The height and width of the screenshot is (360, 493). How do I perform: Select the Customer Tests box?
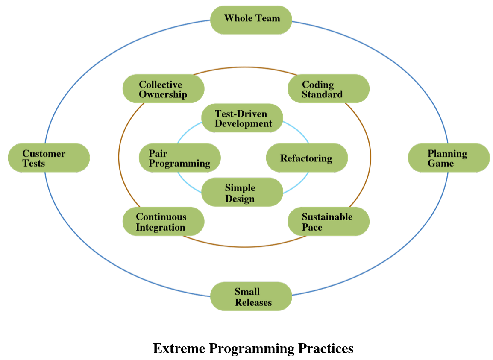pos(49,158)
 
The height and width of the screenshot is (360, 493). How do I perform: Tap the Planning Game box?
pos(449,158)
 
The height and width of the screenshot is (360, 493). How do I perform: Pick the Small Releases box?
pos(251,296)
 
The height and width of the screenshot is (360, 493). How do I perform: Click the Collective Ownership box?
pos(163,89)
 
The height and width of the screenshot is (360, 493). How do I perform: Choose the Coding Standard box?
pos(328,89)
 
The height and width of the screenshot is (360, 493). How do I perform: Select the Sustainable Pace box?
pos(328,222)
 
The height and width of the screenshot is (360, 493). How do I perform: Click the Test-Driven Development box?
pos(242,118)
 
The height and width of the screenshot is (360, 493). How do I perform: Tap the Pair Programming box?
pos(180,158)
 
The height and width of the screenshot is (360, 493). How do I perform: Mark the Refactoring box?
pos(307,158)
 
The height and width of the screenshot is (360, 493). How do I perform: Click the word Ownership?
pos(163,94)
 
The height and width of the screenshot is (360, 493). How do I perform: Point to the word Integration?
pos(161,228)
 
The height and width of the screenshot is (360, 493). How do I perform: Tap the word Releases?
pos(253,302)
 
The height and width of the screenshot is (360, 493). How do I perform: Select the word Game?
pos(440,163)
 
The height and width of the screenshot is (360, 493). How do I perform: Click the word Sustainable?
pos(327,217)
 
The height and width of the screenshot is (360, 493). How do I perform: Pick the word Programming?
pos(179,164)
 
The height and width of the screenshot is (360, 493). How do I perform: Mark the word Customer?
pos(44,153)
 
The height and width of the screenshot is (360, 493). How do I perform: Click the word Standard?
pos(322,94)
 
